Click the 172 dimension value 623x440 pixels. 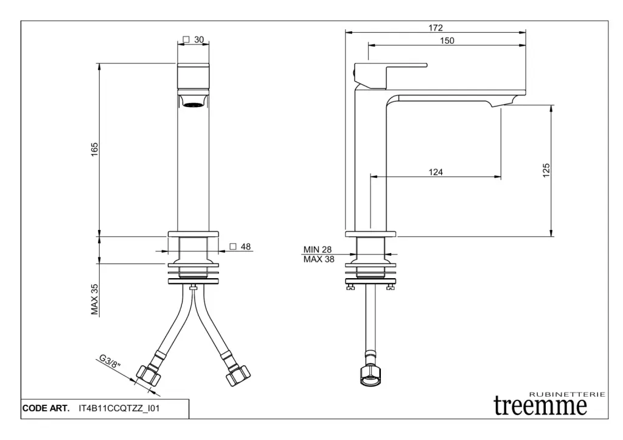436,28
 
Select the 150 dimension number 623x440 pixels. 447,41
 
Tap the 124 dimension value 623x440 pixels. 436,172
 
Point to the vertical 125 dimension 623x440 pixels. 546,170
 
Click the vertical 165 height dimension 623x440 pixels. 94,149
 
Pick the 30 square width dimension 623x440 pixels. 193,40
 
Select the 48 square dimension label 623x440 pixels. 240,247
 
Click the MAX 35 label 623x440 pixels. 94,299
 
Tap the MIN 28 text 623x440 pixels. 318,250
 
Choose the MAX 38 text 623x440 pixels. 319,259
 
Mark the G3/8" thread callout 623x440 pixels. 110,361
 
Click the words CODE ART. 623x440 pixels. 46,408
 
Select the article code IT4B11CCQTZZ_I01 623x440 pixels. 119,408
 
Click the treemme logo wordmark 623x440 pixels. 540,405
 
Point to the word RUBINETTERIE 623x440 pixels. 568,394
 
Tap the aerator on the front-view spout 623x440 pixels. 193,105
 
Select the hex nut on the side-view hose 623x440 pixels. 371,375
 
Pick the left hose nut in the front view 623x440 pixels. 148,375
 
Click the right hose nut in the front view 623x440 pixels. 238,375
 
